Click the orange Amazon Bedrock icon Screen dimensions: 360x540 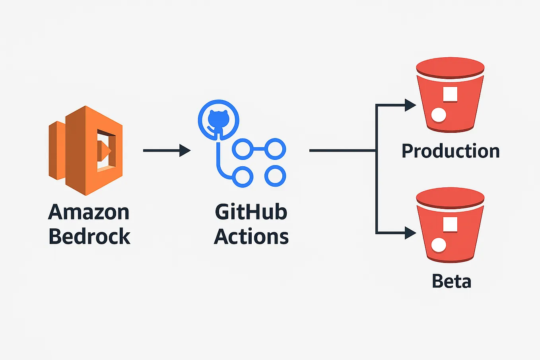[85, 150]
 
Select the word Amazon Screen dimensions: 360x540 [89, 212]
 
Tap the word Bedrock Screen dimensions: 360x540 [89, 237]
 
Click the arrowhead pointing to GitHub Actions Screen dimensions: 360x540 [185, 150]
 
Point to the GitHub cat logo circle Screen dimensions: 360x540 [218, 120]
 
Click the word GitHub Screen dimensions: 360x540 [251, 212]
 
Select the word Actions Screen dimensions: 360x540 [251, 237]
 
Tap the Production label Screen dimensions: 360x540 [451, 151]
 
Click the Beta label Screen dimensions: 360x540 [451, 282]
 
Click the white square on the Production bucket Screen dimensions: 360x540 [450, 94]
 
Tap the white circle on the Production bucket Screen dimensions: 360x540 [439, 115]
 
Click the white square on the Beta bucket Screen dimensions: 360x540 [450, 224]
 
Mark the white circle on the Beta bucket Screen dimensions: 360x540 [439, 245]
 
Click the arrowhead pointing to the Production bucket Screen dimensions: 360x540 [410, 105]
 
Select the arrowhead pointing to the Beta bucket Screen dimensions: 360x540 [410, 233]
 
